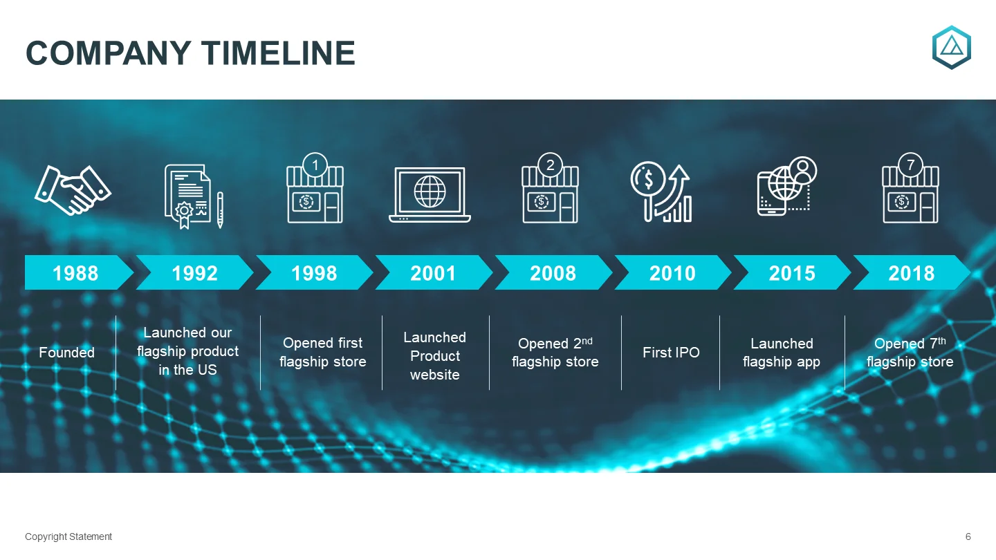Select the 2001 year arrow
(x=434, y=272)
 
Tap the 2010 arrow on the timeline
(x=672, y=272)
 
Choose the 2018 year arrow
(x=912, y=272)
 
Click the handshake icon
(x=73, y=190)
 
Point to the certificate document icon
(x=194, y=196)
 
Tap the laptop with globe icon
(x=430, y=195)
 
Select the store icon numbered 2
(x=550, y=188)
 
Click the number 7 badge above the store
(x=910, y=165)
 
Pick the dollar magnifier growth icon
(x=661, y=192)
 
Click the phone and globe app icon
(x=787, y=187)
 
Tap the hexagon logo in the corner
(x=952, y=48)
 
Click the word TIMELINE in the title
(x=278, y=53)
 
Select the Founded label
(x=66, y=353)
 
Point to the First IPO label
(x=671, y=353)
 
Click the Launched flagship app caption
(x=782, y=353)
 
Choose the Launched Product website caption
(x=435, y=355)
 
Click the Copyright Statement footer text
(x=68, y=536)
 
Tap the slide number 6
(x=968, y=536)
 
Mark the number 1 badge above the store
(x=315, y=165)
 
